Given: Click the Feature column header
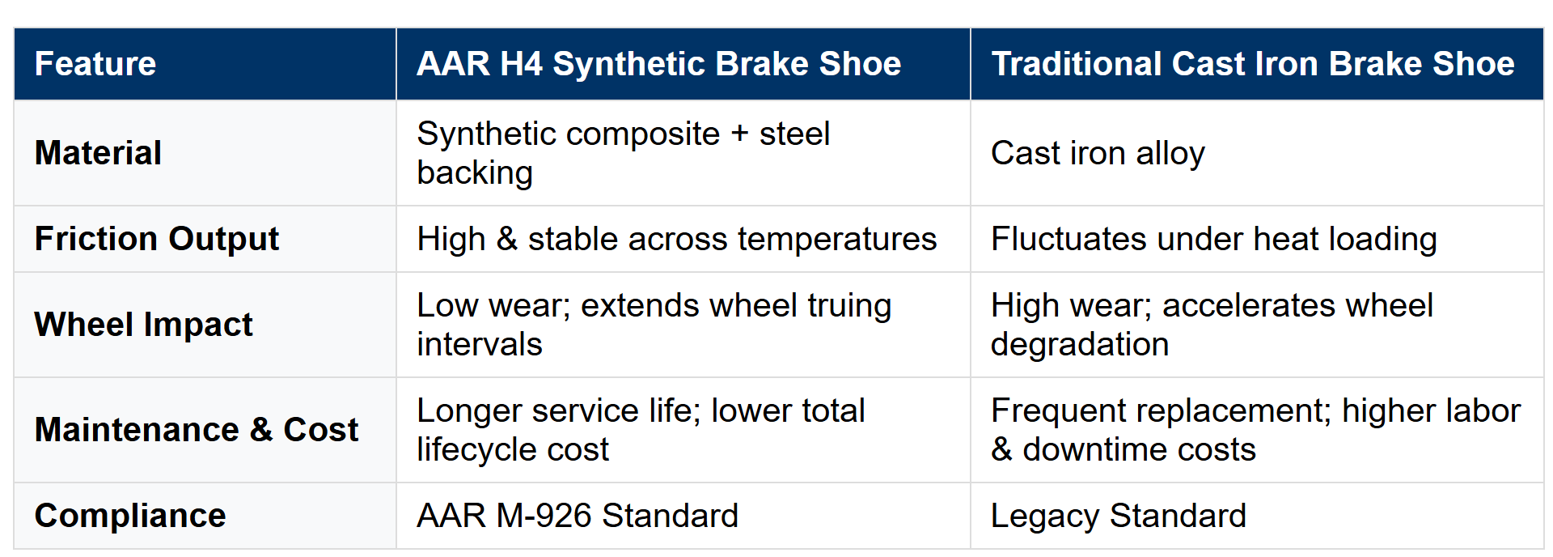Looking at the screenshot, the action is coord(95,64).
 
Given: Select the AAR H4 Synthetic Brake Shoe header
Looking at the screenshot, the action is coord(658,64).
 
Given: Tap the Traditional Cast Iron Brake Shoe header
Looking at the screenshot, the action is coord(1253,64).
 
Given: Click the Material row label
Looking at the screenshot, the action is coord(98,153).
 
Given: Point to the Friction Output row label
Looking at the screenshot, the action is coord(157,239).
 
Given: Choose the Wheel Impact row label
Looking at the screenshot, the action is coord(144,325).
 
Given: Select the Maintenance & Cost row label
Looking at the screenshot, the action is coord(197,430).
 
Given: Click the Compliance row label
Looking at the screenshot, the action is coord(130,516).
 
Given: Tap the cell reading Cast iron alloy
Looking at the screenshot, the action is coord(1098,153).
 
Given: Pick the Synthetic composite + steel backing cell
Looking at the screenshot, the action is coord(623,153).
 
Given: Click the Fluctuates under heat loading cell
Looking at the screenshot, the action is coord(1214,239).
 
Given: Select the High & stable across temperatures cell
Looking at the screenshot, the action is coord(676,239).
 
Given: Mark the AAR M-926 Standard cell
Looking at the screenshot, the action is coord(578,516).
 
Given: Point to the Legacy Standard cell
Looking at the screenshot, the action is coord(1119,516).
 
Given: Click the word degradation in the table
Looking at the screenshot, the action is coord(1080,345).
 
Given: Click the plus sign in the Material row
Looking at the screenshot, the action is coord(739,134).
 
